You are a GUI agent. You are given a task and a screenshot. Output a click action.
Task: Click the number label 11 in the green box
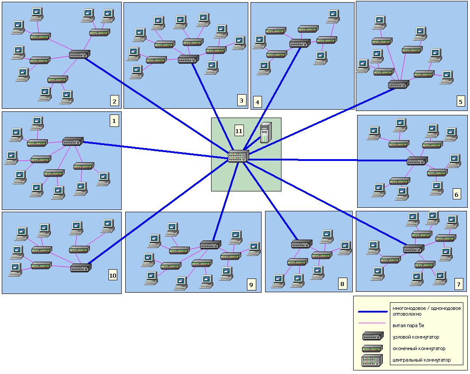coord(239,130)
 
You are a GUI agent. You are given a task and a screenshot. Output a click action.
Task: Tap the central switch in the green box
coord(238,156)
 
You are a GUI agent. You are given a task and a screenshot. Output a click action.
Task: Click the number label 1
coord(114,120)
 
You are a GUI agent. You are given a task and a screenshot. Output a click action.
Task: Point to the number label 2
coord(115,102)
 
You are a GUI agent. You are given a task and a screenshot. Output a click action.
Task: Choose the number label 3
coord(241,101)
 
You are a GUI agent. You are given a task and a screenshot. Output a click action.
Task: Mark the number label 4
coord(257,103)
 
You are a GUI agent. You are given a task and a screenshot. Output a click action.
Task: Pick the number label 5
coord(460,102)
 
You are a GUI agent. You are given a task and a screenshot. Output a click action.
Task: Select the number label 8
coord(342,284)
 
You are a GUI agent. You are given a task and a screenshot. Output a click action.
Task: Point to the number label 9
coord(251,284)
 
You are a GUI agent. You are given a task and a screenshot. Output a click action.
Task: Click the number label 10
coord(113,275)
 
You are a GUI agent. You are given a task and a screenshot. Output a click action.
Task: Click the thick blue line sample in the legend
coord(373,311)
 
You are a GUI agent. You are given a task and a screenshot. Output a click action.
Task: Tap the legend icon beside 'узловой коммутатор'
coord(372,336)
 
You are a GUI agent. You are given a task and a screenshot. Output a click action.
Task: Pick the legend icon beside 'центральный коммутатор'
coord(372,360)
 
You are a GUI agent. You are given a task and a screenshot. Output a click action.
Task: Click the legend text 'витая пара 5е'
coord(408,325)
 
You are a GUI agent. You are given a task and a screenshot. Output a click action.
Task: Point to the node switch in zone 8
coord(301,244)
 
